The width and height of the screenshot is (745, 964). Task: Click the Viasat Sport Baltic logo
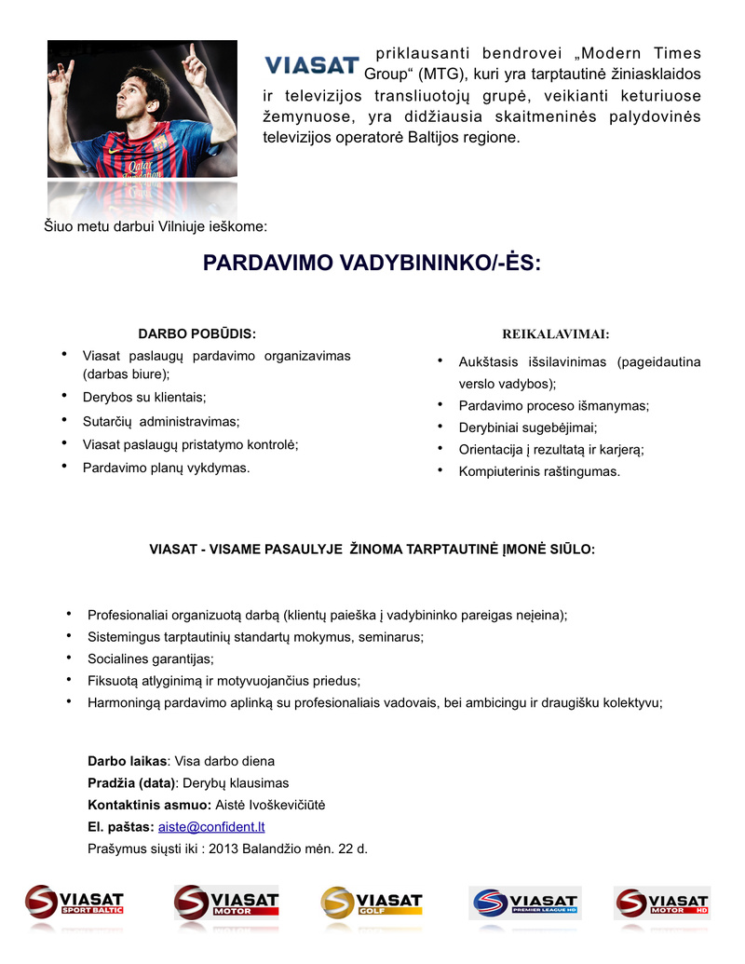click(x=74, y=903)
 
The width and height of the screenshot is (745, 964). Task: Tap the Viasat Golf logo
click(x=372, y=903)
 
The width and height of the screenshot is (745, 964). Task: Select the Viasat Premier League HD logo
click(x=524, y=903)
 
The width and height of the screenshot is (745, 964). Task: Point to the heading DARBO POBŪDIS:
click(x=196, y=333)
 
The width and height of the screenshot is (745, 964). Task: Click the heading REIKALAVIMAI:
click(x=555, y=333)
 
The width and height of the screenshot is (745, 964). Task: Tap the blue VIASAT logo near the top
click(x=312, y=65)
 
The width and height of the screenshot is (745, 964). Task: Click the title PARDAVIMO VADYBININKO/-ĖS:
click(x=372, y=264)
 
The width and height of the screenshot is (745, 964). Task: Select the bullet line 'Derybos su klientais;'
click(x=144, y=397)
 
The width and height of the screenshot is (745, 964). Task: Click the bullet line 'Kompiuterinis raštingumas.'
click(x=538, y=471)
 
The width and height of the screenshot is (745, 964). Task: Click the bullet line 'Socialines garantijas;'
click(x=151, y=659)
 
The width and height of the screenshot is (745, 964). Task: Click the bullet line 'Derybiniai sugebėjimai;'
click(x=528, y=428)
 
